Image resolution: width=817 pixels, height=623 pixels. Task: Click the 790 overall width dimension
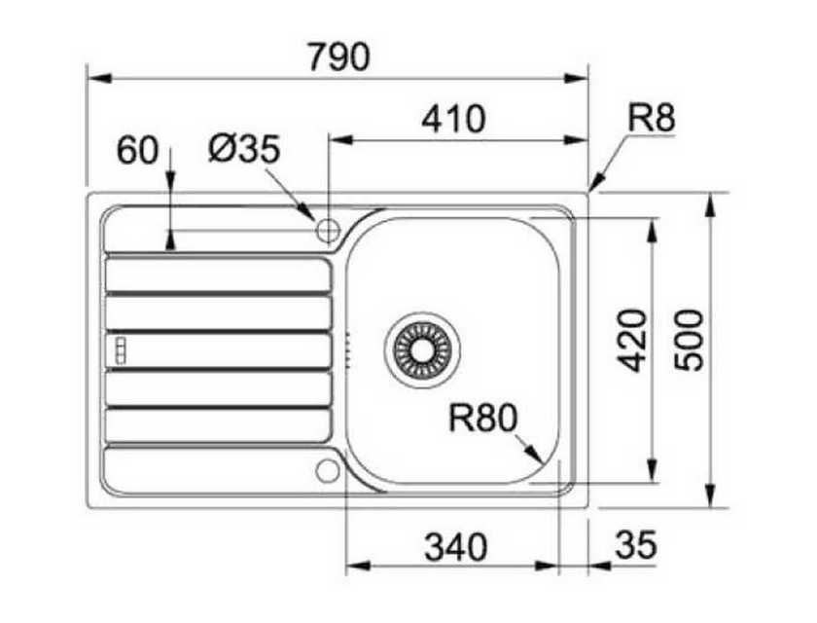(x=339, y=57)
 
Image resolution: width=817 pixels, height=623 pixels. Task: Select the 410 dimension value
(x=453, y=120)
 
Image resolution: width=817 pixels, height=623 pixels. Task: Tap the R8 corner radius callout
(x=652, y=118)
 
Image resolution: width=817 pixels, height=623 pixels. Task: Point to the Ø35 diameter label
(x=244, y=149)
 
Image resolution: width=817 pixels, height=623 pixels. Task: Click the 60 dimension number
(x=137, y=150)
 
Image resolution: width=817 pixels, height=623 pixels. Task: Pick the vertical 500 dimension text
(x=688, y=341)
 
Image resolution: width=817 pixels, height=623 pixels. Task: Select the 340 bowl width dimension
(x=456, y=547)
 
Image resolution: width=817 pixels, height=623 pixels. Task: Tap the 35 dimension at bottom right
(x=636, y=545)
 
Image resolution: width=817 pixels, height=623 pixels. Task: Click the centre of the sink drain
(x=422, y=349)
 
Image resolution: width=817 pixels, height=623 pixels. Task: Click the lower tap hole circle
(x=328, y=471)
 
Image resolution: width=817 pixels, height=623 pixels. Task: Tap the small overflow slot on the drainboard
(x=121, y=349)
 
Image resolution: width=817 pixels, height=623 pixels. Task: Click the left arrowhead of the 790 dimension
(x=99, y=79)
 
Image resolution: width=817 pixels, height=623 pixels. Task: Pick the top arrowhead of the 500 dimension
(x=710, y=205)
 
